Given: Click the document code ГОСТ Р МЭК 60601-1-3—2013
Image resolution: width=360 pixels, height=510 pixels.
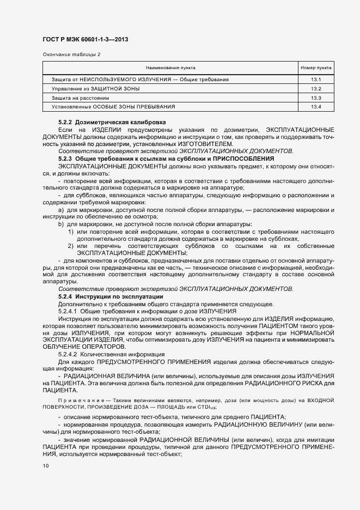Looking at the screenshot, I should point(85,40).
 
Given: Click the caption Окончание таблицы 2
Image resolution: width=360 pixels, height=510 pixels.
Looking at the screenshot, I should point(71,54).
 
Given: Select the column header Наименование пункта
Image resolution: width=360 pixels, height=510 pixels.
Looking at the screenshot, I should point(170,68).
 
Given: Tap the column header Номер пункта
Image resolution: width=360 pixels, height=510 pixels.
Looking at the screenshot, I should point(316,68).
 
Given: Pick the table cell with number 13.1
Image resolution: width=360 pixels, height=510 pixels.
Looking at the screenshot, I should point(316,80).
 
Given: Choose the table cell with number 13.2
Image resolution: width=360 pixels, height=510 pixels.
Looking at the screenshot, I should point(316,89).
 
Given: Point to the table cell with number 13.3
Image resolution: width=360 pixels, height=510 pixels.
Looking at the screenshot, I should point(316,98).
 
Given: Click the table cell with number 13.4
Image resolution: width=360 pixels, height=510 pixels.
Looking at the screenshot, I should point(316,107).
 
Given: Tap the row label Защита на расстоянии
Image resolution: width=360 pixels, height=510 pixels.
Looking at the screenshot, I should point(76,98).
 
